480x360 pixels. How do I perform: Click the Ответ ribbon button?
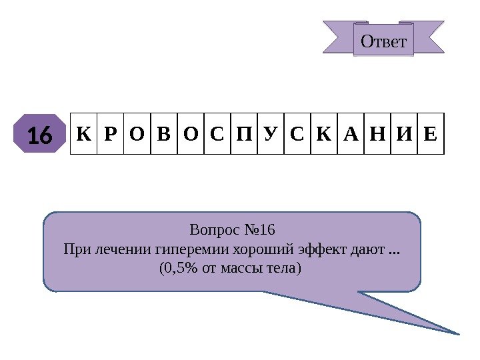click(x=383, y=41)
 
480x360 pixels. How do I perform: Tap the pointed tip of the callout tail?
click(x=459, y=333)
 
